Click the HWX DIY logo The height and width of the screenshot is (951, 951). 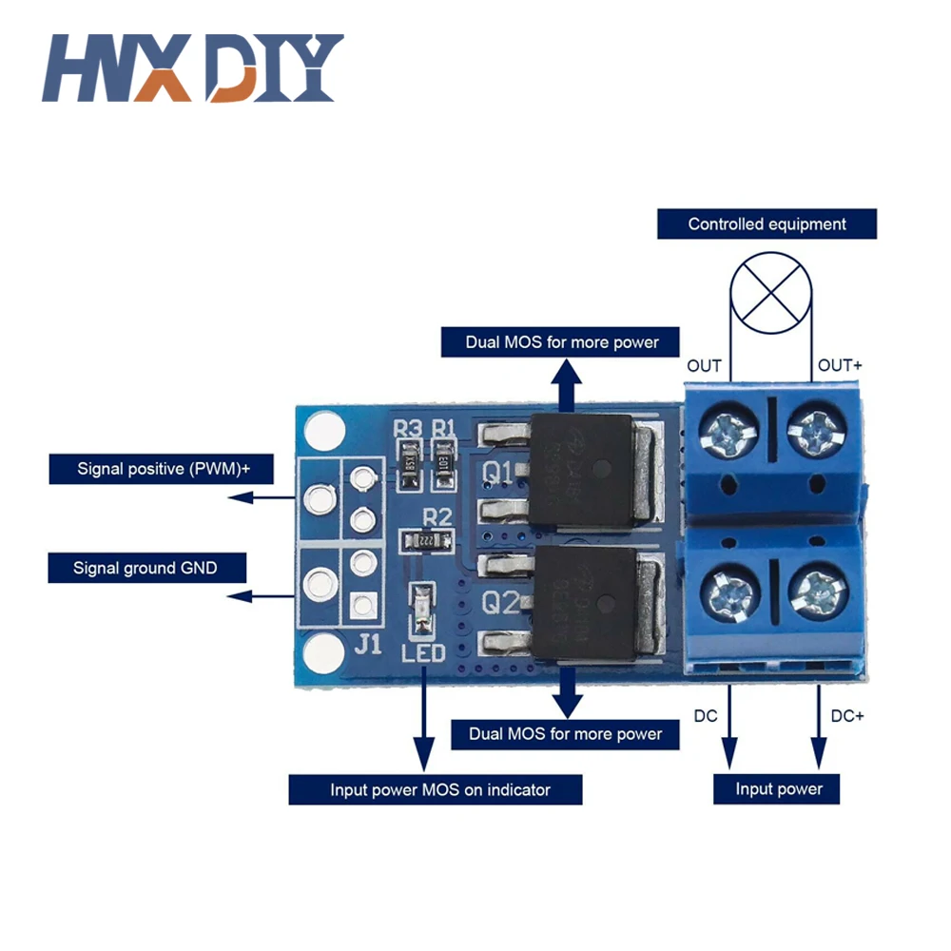coord(191,68)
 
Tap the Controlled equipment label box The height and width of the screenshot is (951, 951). coord(767,224)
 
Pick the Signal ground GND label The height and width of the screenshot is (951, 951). coord(146,569)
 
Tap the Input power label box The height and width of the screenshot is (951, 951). coord(779,788)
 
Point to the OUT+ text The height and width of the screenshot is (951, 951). coord(841,366)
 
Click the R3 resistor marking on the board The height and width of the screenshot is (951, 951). coord(408,429)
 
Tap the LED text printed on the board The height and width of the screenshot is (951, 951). coord(423,653)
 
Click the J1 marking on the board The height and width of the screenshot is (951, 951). coord(368,645)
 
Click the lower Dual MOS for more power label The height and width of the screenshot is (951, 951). coord(566,734)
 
